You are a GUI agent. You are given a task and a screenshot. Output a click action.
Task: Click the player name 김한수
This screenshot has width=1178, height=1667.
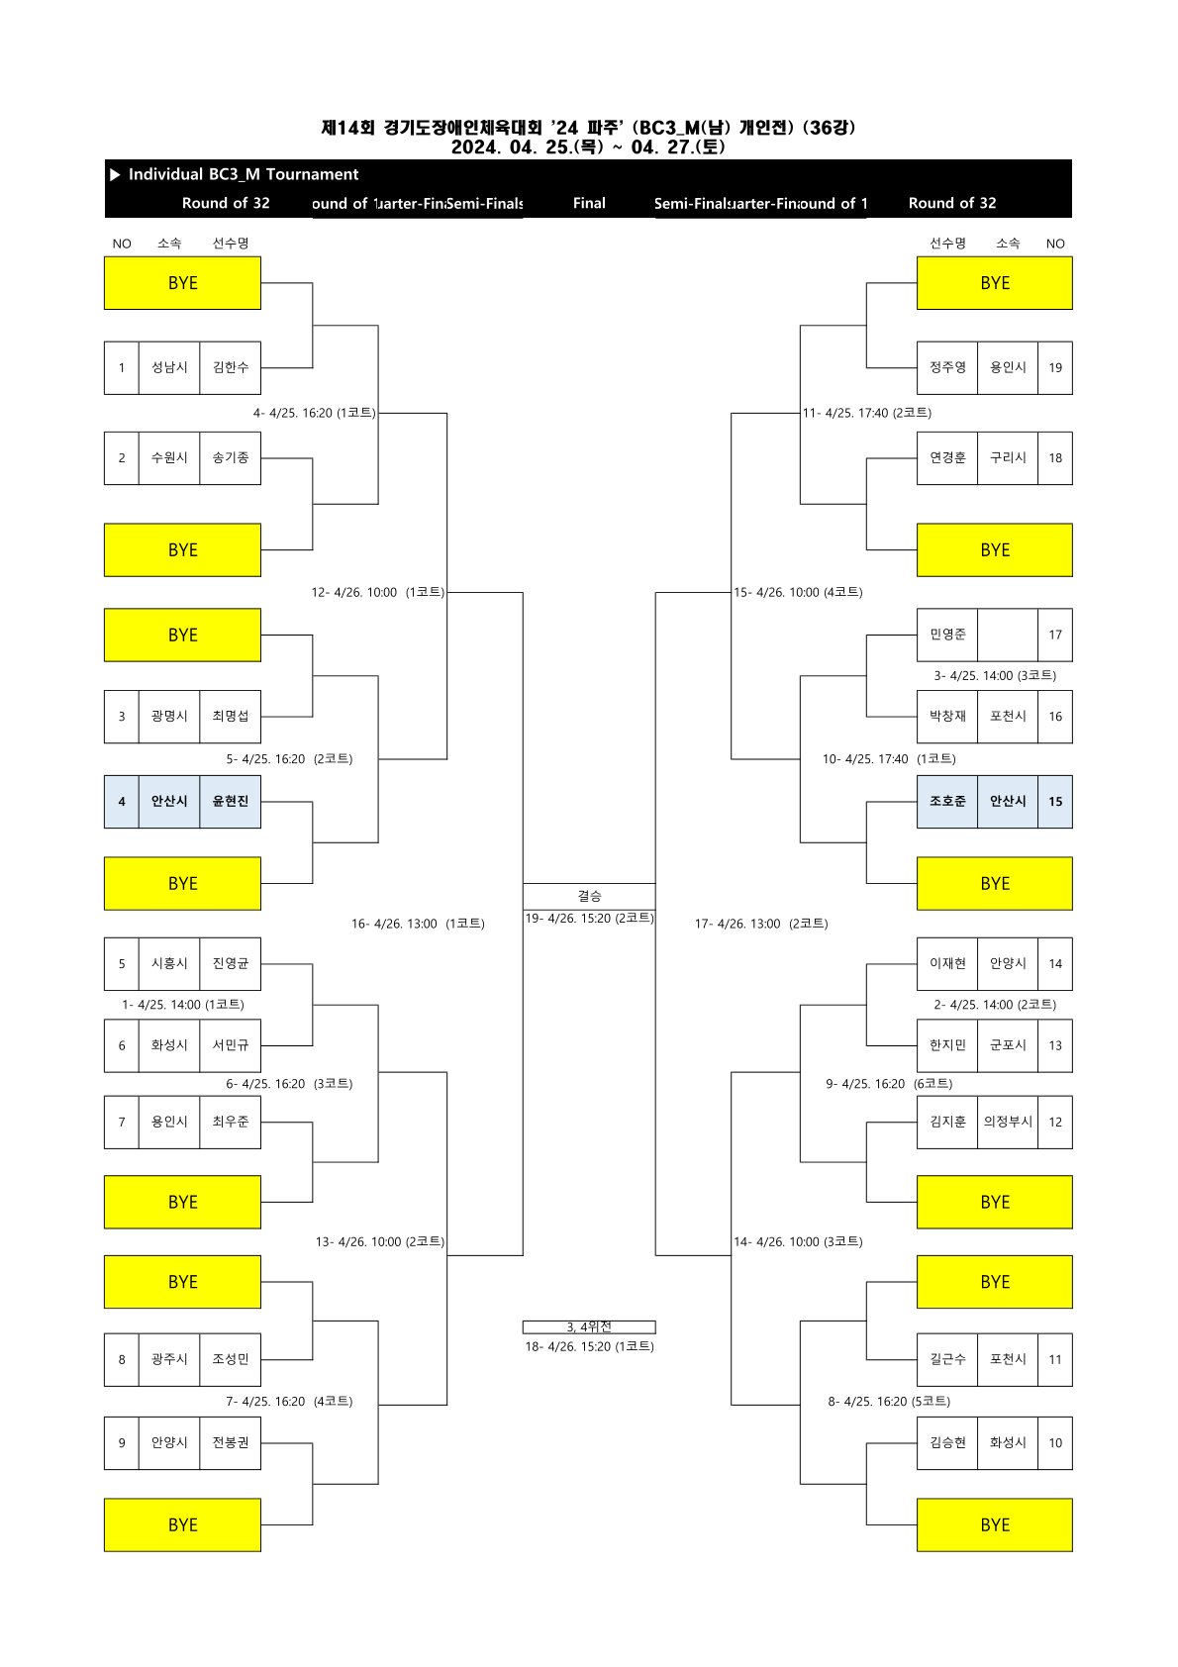coord(231,367)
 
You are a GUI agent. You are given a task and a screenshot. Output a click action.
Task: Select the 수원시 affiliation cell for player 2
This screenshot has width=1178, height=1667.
coord(169,458)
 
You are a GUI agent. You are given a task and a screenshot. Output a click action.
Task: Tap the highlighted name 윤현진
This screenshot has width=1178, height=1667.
coord(231,802)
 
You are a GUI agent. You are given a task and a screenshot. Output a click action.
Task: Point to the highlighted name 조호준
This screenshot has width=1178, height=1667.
coord(947,802)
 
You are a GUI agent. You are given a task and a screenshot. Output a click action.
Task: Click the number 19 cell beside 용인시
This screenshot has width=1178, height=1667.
coord(1055,368)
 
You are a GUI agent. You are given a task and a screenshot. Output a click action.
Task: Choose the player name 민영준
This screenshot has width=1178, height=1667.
coord(947,635)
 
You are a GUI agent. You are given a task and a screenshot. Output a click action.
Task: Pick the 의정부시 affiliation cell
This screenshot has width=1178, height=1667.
coord(1008,1123)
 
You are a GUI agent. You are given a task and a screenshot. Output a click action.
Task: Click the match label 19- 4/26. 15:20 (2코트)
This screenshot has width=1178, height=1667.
coord(589,919)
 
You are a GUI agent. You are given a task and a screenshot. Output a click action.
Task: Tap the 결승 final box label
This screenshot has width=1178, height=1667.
coord(589,896)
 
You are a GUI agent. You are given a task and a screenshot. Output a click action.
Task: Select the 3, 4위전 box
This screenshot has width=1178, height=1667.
coord(589,1327)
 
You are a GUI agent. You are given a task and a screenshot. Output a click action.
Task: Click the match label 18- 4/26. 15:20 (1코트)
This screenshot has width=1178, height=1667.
coord(589,1347)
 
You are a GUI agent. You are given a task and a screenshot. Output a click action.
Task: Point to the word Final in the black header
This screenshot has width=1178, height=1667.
coord(589,203)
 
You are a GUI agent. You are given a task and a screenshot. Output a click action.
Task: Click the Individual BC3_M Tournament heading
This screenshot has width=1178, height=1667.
coord(244,174)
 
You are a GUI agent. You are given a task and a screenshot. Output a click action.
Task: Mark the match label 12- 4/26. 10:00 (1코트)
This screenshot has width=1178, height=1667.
coord(378,593)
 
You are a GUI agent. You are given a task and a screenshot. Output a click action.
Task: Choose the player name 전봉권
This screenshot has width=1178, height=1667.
coord(231,1443)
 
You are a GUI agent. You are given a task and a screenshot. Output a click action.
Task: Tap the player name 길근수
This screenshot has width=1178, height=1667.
coord(947,1360)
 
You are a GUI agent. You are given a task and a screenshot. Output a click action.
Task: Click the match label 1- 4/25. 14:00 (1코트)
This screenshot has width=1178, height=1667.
coord(183,1005)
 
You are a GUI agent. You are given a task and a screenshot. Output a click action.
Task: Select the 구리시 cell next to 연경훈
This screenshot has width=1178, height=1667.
coord(1008,458)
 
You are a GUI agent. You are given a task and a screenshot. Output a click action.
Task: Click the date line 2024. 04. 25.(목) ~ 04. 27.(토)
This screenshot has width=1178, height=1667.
coord(588,147)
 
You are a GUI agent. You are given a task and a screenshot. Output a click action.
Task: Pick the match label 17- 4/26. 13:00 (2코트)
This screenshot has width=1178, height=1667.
coord(761,925)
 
